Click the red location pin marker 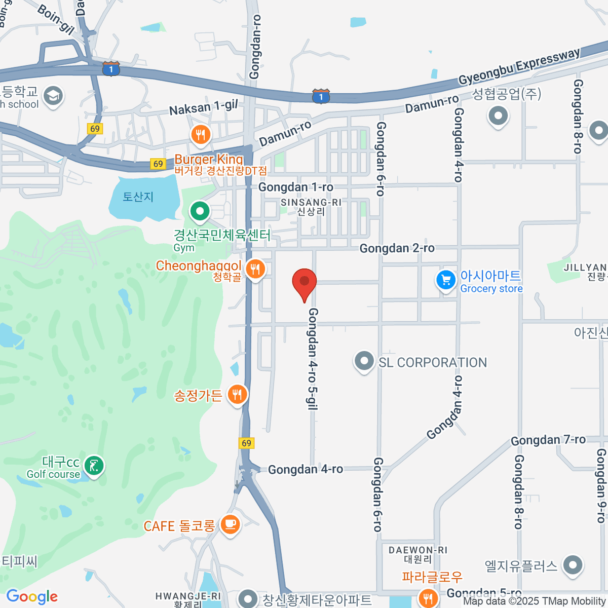[x=305, y=283]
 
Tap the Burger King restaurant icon [x=201, y=135]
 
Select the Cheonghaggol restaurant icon [x=255, y=269]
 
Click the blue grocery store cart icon [x=446, y=280]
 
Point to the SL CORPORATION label [x=432, y=363]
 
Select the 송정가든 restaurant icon [x=237, y=394]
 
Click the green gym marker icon [x=200, y=211]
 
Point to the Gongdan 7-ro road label [x=548, y=440]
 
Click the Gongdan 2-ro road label [x=397, y=248]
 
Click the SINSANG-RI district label [x=311, y=203]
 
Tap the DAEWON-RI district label [x=418, y=550]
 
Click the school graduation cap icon [x=53, y=95]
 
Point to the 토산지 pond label [x=138, y=197]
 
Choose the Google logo [x=32, y=597]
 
